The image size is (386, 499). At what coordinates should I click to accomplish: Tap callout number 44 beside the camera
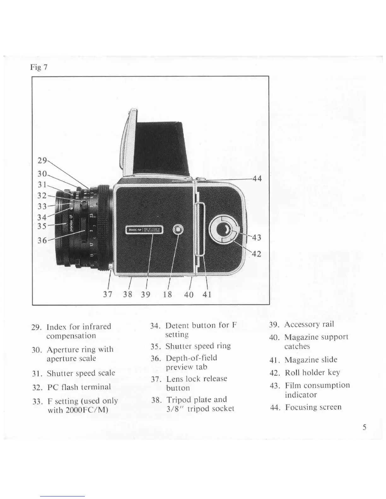(257, 179)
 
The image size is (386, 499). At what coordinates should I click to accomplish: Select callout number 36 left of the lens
(42, 240)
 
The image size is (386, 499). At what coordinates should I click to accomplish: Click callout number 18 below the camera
(167, 294)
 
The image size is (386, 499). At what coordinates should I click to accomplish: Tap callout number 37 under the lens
(108, 294)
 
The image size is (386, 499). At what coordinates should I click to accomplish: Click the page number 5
(364, 427)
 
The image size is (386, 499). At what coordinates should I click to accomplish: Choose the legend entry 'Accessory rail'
(309, 324)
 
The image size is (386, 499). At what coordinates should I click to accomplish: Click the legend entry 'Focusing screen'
(313, 407)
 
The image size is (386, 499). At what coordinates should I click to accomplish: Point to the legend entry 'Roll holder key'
(312, 373)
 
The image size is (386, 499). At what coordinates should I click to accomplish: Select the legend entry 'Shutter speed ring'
(198, 346)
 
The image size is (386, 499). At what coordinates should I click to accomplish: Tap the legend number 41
(273, 360)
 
